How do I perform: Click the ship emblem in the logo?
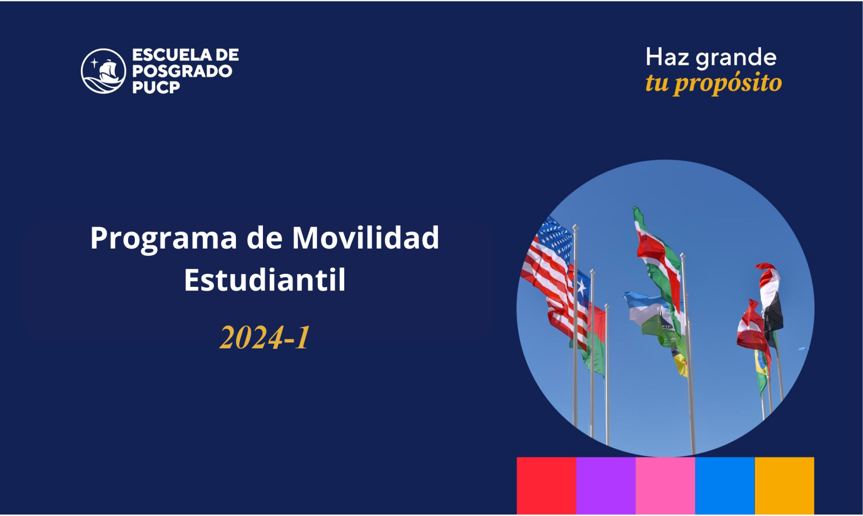pos(103,71)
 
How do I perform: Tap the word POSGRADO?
pos(182,71)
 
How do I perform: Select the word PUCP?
pos(156,87)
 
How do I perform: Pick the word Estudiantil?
pos(265,279)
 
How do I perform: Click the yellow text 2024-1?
pos(265,337)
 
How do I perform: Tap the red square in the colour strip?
pos(546,485)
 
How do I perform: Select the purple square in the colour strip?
pos(606,485)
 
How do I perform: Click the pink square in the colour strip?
pos(665,485)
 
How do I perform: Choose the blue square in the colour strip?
pos(725,485)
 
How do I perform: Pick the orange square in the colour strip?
pos(784,485)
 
